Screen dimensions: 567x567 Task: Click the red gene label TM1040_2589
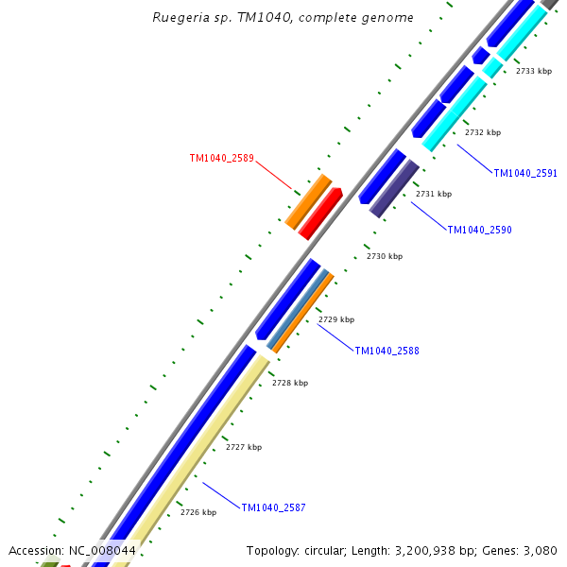(x=221, y=159)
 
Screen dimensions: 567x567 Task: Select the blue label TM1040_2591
(x=525, y=173)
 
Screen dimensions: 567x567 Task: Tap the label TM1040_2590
(x=479, y=230)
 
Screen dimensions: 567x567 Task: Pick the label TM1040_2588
(x=387, y=351)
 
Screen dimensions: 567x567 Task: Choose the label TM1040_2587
(x=273, y=507)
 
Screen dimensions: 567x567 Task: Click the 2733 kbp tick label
(x=533, y=71)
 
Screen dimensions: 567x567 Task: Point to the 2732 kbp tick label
(x=483, y=132)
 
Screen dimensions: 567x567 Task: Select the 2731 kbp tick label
(x=434, y=194)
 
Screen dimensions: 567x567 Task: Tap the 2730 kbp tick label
(x=385, y=256)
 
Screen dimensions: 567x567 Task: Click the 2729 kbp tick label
(x=335, y=319)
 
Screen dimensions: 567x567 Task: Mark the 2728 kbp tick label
(x=290, y=383)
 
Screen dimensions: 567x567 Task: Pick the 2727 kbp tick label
(x=244, y=447)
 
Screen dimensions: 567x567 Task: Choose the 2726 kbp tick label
(x=198, y=512)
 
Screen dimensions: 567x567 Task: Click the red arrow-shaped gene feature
(x=320, y=214)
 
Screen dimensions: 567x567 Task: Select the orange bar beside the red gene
(x=308, y=200)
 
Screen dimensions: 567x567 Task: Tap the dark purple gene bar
(x=394, y=188)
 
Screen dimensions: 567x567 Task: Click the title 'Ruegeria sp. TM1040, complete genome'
(x=283, y=18)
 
